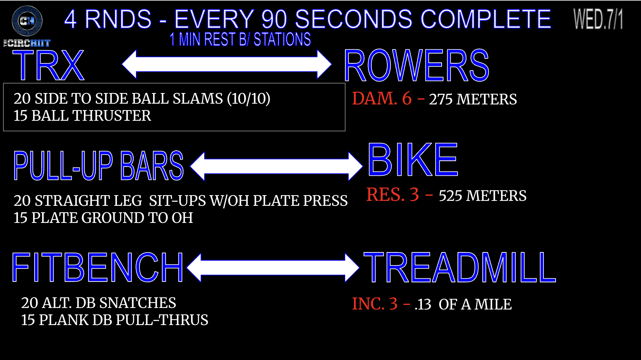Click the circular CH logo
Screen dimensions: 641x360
[x=27, y=21]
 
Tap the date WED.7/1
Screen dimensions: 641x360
[x=598, y=19]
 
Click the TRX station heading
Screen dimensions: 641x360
[x=48, y=66]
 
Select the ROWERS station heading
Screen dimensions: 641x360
[x=416, y=66]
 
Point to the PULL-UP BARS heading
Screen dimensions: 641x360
[x=99, y=166]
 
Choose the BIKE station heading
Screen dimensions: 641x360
[x=413, y=159]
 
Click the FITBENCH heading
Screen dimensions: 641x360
[x=97, y=268]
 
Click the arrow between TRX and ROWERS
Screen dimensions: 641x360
[x=227, y=65]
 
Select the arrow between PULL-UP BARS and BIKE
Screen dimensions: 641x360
[x=276, y=166]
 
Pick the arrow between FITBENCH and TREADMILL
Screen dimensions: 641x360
[x=273, y=268]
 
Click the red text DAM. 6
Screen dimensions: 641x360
[x=382, y=98]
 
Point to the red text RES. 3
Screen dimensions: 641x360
[x=393, y=194]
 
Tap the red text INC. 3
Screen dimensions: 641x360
[x=374, y=304]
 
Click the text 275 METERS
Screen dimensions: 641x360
[x=473, y=99]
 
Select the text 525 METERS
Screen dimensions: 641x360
[x=483, y=196]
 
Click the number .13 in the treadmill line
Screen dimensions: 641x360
[x=423, y=305]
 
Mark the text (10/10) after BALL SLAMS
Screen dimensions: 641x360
[x=249, y=99]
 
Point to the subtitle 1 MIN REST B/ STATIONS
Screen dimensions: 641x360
[x=240, y=39]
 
